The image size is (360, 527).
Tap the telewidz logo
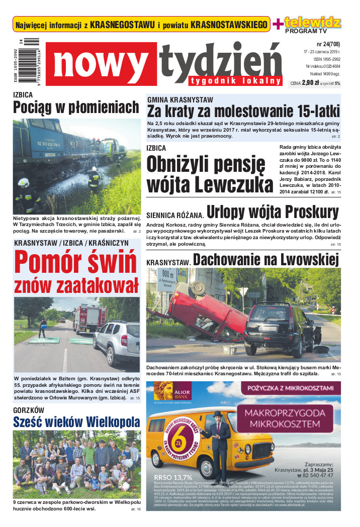pyautogui.click(x=312, y=22)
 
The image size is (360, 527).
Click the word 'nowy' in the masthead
pyautogui.click(x=104, y=64)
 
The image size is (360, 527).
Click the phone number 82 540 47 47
pyautogui.click(x=314, y=475)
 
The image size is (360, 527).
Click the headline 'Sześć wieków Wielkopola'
pyautogui.click(x=76, y=421)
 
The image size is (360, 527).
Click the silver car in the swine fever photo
pyautogui.click(x=117, y=342)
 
